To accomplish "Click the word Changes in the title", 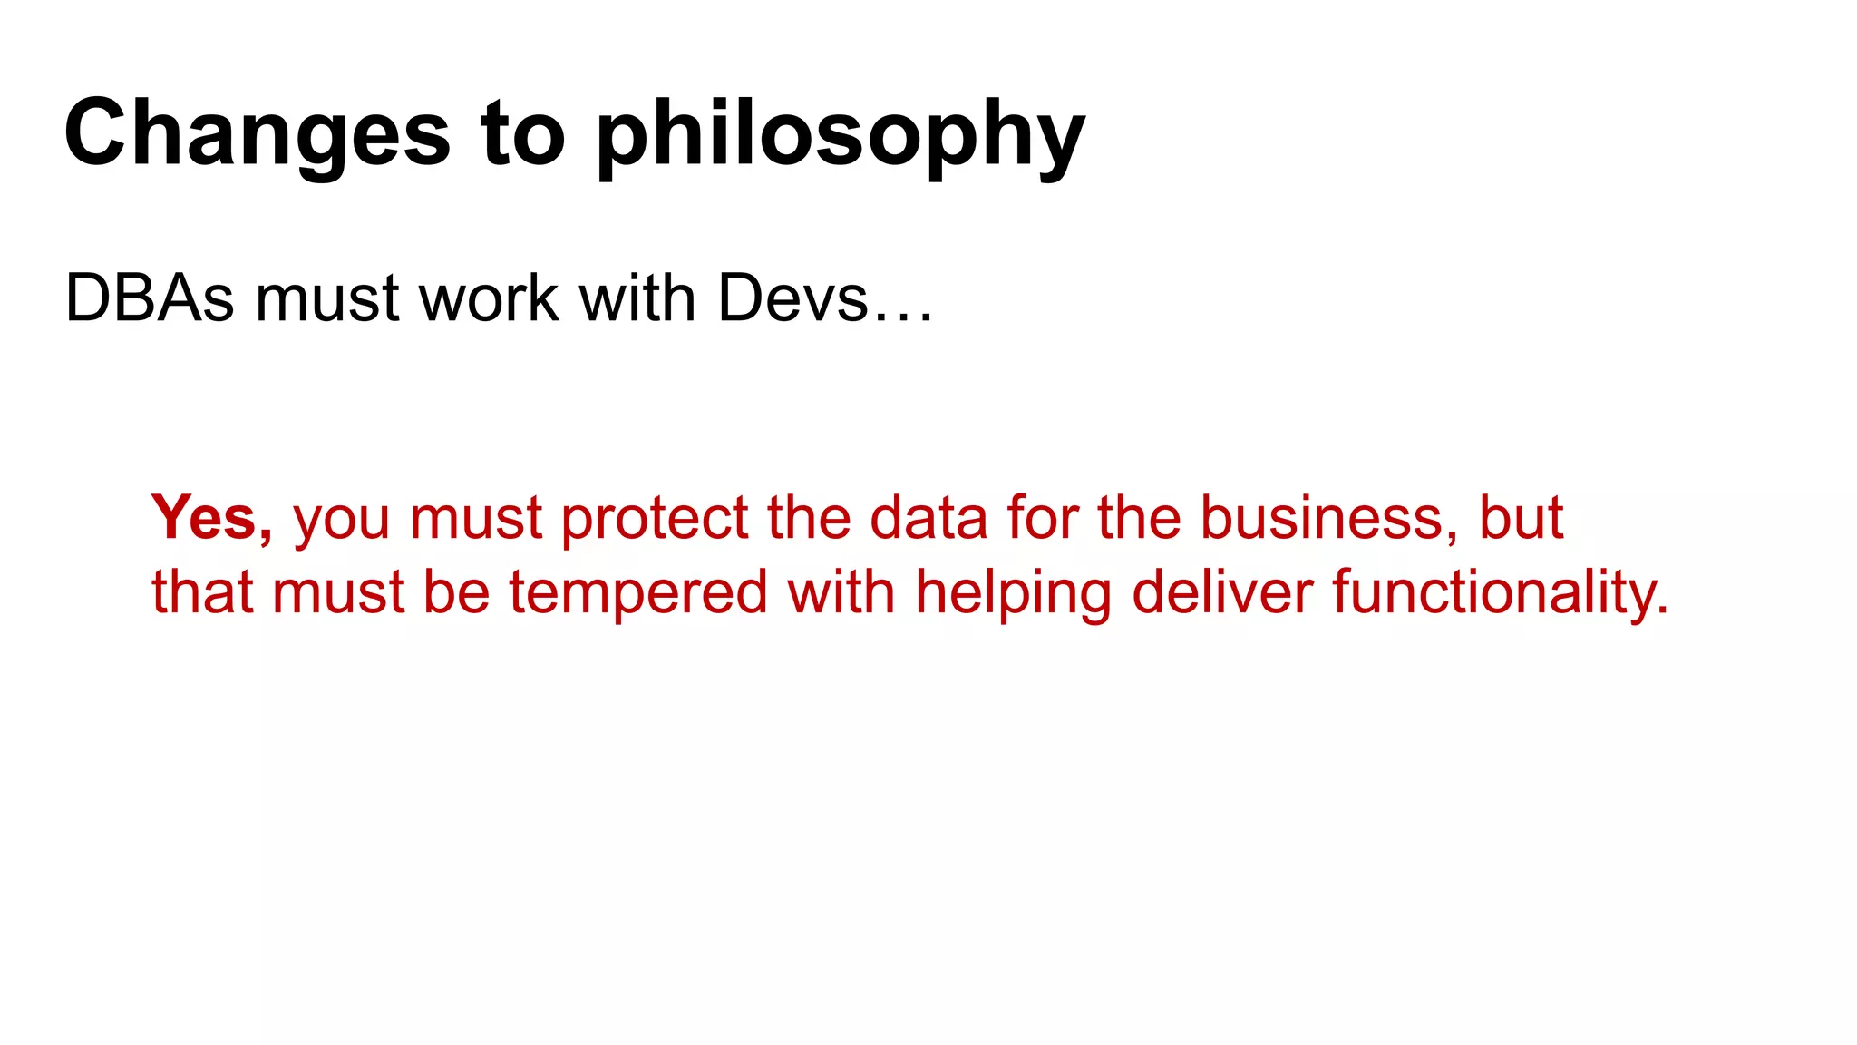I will tap(257, 134).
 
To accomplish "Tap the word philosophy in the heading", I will tap(840, 134).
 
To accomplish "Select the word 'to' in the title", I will tap(523, 134).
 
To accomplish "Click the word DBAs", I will tap(150, 298).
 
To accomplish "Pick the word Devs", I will tap(793, 298).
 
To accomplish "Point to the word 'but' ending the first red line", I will tap(1521, 518).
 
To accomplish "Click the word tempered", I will tap(637, 593).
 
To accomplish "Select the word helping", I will tap(1013, 593).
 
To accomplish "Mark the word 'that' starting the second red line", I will tap(202, 591).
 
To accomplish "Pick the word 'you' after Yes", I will tap(342, 520).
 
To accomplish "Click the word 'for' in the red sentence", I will tap(1042, 518).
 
